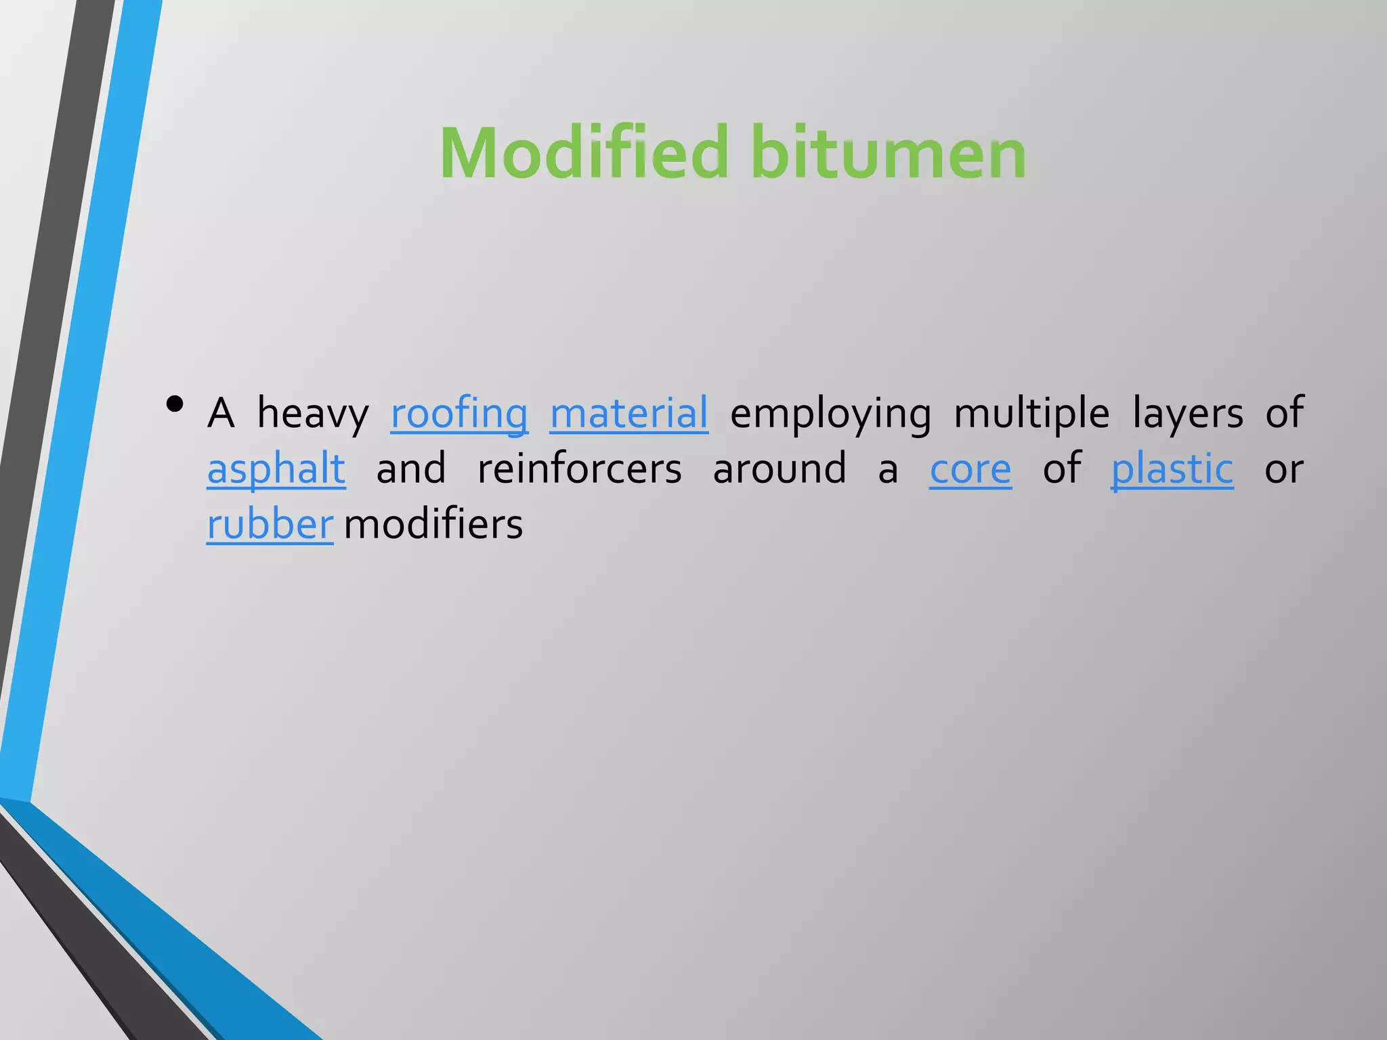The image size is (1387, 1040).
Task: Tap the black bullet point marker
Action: pos(175,404)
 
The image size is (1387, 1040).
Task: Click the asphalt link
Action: pos(276,469)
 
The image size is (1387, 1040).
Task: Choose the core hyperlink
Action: pos(970,469)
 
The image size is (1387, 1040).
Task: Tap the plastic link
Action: pos(1172,469)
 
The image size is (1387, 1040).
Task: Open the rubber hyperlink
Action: pos(270,524)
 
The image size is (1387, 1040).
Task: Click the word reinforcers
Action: pos(580,469)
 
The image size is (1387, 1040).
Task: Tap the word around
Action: pos(780,469)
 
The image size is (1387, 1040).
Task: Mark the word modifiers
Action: pos(433,524)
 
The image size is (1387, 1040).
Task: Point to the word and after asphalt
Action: pos(411,469)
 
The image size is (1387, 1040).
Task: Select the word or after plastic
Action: pos(1284,469)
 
